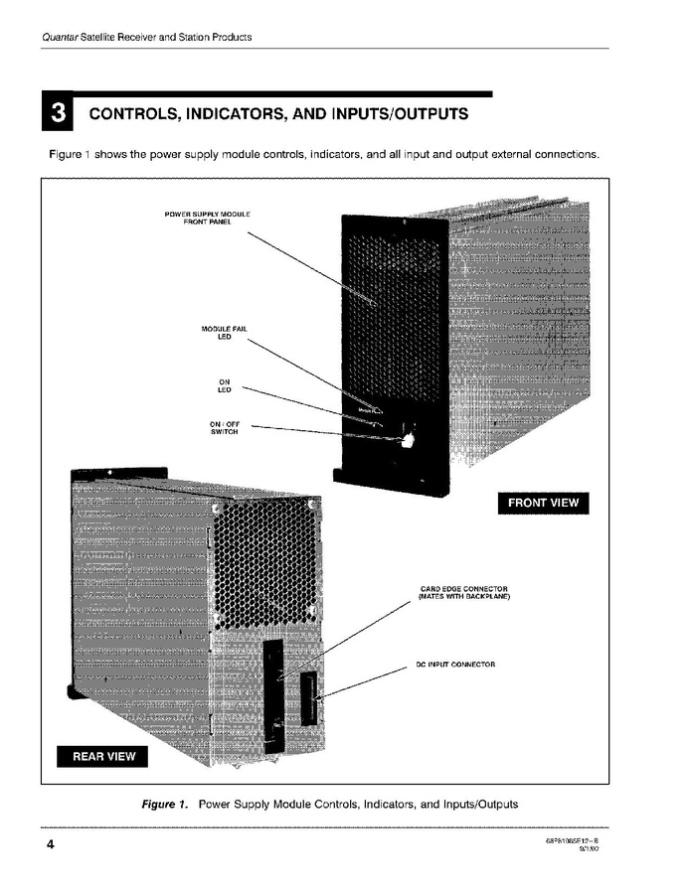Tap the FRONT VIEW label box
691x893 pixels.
pos(542,503)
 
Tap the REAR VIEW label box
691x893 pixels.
pos(103,757)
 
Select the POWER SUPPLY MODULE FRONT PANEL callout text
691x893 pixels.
pos(207,219)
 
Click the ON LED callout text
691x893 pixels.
pos(224,386)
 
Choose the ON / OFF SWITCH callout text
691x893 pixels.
pos(224,428)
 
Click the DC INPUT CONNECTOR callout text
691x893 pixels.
pos(454,663)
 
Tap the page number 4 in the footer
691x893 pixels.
pos(49,845)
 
